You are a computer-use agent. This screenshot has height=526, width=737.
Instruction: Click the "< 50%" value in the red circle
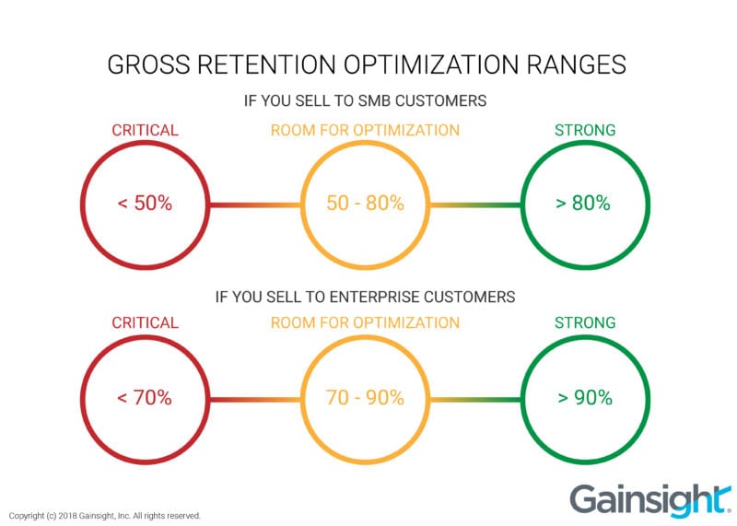coord(145,204)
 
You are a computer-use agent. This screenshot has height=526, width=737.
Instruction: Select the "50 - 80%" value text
coord(365,204)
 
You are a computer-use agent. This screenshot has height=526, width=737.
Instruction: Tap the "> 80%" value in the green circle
coord(584,204)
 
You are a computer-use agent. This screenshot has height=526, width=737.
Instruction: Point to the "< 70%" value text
coord(145,398)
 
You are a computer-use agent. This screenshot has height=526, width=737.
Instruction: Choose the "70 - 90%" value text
coord(365,398)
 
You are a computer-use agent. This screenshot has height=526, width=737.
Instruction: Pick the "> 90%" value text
coord(584,398)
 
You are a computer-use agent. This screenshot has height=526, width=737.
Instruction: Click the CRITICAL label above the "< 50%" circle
coord(145,130)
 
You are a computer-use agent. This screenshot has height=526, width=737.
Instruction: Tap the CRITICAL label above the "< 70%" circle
coord(145,323)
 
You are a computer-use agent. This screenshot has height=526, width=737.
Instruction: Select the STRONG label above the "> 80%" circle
coord(585,130)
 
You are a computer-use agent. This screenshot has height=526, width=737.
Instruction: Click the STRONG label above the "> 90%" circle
coord(585,323)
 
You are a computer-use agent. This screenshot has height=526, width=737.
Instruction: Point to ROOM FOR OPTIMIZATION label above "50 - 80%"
coord(365,130)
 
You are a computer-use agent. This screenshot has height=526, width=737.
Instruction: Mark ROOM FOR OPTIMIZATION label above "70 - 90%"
coord(365,323)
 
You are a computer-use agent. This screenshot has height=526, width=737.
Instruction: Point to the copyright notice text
coord(104,516)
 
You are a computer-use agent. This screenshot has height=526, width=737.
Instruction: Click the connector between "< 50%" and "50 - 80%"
coord(255,205)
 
